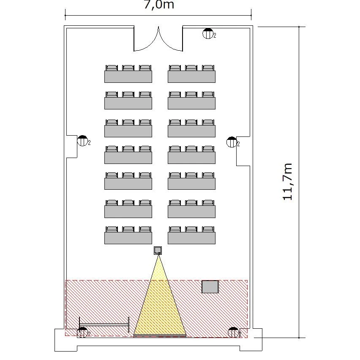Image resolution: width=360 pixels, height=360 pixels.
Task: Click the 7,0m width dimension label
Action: [158, 5]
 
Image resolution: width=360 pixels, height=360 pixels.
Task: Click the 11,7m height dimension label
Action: [287, 182]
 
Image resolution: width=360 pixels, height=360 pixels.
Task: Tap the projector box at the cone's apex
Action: [158, 251]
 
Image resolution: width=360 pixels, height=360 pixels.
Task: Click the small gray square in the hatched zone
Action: [210, 287]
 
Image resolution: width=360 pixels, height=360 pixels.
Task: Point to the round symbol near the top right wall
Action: [208, 33]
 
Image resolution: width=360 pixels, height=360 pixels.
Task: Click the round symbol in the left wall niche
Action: [82, 141]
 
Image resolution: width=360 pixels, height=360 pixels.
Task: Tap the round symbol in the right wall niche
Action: [232, 142]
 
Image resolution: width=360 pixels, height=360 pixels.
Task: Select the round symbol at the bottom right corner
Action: [233, 333]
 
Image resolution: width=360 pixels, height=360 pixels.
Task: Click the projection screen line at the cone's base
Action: [160, 335]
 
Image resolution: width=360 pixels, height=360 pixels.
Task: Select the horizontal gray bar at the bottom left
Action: [104, 325]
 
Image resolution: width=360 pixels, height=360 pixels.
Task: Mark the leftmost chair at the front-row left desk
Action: [112, 229]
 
